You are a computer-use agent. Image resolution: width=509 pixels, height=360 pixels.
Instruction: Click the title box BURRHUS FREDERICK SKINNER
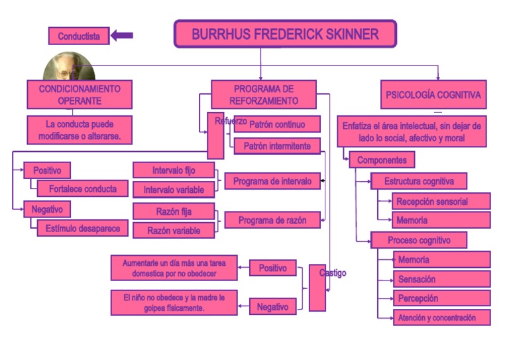tap(285, 34)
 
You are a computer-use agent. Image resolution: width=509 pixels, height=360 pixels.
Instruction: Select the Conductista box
tap(78, 36)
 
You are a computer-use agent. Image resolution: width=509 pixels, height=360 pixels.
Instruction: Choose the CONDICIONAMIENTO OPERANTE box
tap(79, 95)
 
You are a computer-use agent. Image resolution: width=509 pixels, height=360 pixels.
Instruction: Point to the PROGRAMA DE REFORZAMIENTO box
tap(263, 95)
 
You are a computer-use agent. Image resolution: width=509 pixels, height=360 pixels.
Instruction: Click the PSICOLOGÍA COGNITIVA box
tap(433, 95)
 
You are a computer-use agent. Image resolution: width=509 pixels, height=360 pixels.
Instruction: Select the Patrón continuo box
tap(277, 124)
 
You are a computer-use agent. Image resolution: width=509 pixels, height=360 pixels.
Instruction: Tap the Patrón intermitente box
tap(277, 146)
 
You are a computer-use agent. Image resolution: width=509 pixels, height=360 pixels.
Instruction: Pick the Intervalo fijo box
tap(174, 170)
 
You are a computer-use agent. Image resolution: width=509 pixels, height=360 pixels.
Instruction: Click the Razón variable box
tap(174, 230)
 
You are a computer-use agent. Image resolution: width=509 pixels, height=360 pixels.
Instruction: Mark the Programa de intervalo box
tap(272, 181)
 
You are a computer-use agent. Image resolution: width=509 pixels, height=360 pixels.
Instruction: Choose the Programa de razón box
tap(272, 220)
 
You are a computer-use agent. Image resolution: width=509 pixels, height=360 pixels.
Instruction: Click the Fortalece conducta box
tap(82, 189)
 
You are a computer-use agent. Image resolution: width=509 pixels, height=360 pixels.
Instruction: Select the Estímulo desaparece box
tap(82, 228)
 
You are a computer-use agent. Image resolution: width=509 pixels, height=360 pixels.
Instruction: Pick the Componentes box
tap(382, 160)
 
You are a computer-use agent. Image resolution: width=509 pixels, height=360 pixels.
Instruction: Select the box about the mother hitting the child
tap(174, 303)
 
